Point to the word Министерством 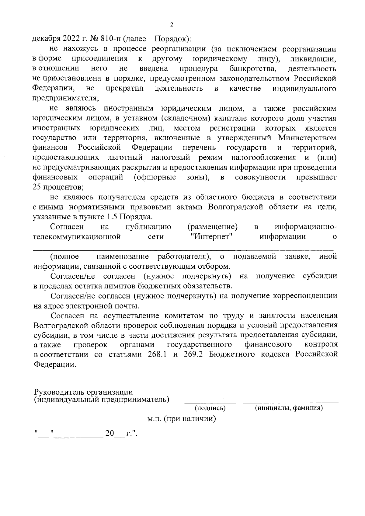tap(307, 138)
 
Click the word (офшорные tap(155, 177)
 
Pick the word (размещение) tap(213, 227)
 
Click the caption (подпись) tap(210, 408)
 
